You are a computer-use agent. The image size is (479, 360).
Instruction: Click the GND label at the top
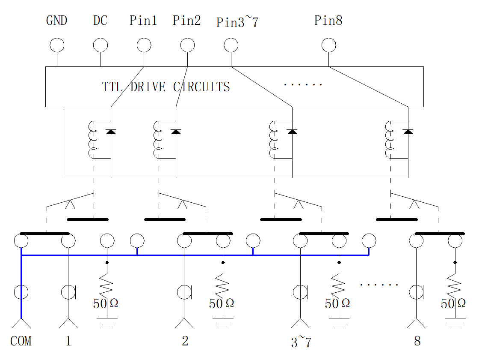coord(56,21)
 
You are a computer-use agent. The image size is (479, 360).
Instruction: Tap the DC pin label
coord(100,21)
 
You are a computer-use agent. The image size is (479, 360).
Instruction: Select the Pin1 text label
coord(143,21)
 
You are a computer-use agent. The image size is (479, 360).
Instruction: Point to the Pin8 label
coord(328,21)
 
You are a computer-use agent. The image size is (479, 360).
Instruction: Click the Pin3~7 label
coord(237,22)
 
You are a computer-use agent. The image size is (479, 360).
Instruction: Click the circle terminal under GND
coord(57,45)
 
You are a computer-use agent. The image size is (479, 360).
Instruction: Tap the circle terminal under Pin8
coord(329,45)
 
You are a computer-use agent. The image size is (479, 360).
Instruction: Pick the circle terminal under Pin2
coord(188,45)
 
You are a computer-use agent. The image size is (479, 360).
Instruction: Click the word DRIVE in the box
coord(148,87)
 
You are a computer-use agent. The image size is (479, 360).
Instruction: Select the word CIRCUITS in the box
coord(201,87)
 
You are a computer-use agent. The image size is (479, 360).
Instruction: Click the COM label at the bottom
coord(21,341)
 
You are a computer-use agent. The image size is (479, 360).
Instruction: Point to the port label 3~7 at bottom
coord(301,342)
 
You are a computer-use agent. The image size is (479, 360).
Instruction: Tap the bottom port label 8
coord(417,341)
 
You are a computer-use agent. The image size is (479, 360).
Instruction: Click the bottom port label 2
coord(185,341)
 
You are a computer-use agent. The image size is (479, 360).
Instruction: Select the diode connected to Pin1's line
coord(111,132)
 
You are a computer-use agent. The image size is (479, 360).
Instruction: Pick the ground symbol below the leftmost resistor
coord(107,323)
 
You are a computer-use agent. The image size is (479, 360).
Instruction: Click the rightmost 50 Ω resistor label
coord(453,303)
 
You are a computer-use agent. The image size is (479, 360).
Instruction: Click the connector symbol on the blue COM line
coord(21,292)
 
